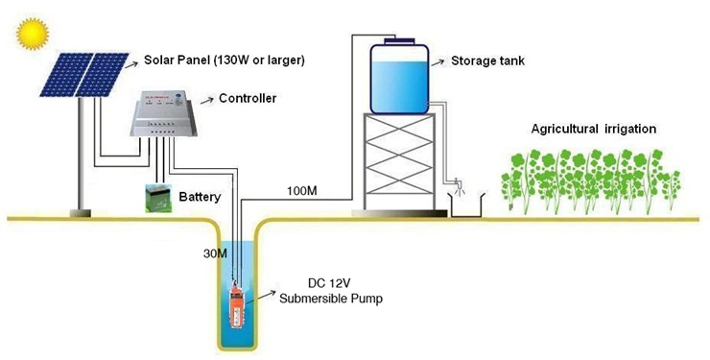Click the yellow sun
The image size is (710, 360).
[x=33, y=33]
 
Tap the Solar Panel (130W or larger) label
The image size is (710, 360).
[x=225, y=60]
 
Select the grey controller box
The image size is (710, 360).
[x=163, y=113]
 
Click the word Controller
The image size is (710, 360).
[x=248, y=98]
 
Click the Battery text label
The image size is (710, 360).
[x=200, y=197]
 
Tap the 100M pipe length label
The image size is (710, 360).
[x=302, y=191]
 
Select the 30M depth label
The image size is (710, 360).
[x=215, y=253]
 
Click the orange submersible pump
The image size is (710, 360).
[x=237, y=304]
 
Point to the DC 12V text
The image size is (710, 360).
[x=330, y=283]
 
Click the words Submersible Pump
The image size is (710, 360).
[x=331, y=299]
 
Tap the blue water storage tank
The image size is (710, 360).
[x=399, y=79]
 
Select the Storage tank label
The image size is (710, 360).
[x=487, y=60]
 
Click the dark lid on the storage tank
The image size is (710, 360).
[x=399, y=41]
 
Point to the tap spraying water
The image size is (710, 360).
[x=460, y=185]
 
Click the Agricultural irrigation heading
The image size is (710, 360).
[x=594, y=129]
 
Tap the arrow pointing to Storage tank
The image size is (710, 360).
[x=438, y=62]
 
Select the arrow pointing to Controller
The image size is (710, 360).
[x=207, y=100]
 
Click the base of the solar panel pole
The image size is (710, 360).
[x=81, y=213]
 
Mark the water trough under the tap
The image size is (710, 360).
[x=466, y=205]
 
